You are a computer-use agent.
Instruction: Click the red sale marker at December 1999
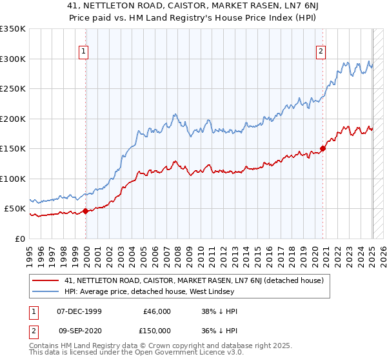[x=86, y=211]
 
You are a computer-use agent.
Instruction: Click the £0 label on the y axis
[x=20, y=239]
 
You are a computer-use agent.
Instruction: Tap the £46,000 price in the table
[x=157, y=311]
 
